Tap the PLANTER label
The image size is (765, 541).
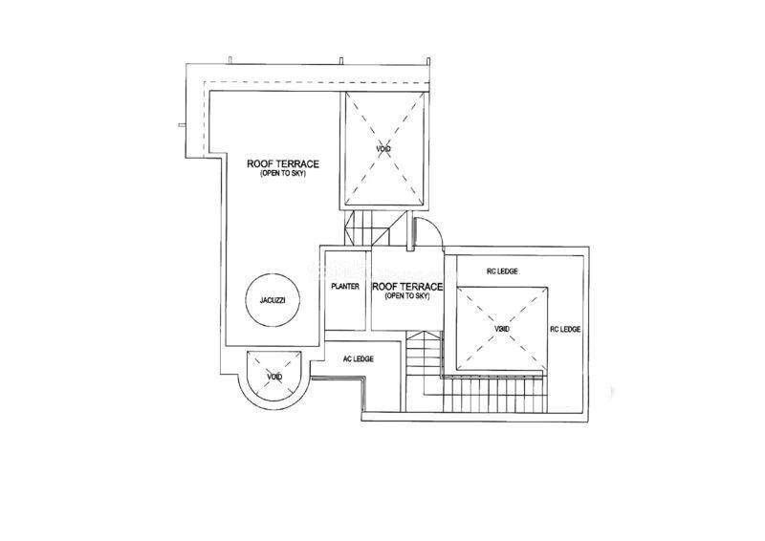pos(345,287)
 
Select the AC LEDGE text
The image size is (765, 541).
pos(358,359)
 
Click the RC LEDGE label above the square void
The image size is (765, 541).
pos(502,271)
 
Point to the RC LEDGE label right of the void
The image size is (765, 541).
pos(565,329)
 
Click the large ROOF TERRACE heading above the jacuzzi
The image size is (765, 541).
pos(283,163)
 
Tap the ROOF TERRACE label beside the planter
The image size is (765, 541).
pos(407,287)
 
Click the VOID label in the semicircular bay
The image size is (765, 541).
pos(274,377)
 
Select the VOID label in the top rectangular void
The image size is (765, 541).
pos(383,149)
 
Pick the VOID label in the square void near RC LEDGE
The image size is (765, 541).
pos(501,329)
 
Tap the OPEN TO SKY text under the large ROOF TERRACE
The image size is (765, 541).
pos(283,174)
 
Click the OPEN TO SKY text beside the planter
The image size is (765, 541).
pos(407,296)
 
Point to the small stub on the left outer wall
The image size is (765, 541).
pos(182,125)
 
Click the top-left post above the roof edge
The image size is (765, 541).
pos(229,60)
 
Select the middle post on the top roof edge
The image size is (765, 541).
pos(341,60)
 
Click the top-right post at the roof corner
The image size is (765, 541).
pos(428,61)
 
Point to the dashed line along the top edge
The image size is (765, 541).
pos(317,82)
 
